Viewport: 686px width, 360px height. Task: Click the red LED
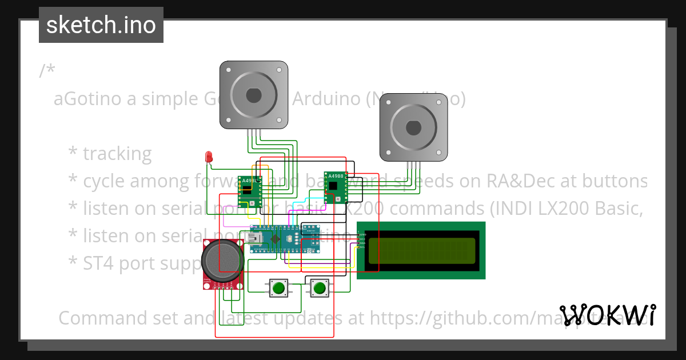click(x=209, y=156)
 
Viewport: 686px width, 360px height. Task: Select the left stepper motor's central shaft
click(x=254, y=94)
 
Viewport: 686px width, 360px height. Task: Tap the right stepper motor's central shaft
click(x=413, y=127)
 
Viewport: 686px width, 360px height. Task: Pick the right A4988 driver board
click(x=336, y=187)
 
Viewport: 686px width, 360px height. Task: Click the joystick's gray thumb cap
click(x=222, y=261)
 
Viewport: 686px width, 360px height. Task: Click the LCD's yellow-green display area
click(x=422, y=250)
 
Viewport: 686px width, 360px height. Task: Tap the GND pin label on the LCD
click(x=361, y=235)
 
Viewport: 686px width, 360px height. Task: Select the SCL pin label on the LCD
click(x=361, y=247)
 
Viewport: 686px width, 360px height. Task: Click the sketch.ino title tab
click(x=101, y=25)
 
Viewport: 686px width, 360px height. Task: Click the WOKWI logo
click(x=608, y=315)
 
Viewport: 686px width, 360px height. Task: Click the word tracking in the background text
click(x=117, y=153)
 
